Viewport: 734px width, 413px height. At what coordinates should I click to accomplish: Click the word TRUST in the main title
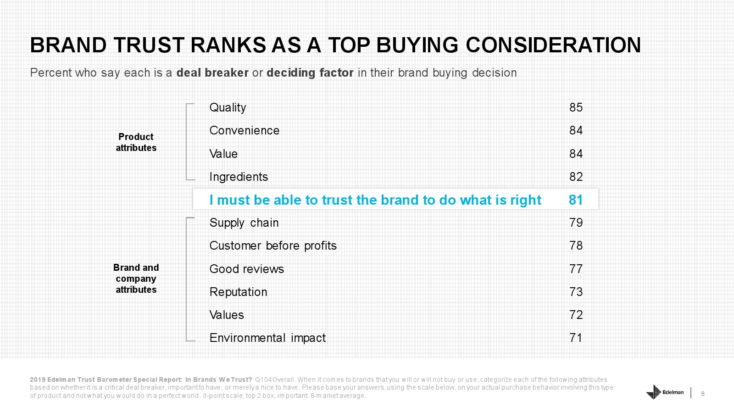point(149,45)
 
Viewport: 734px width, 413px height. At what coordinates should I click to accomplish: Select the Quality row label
point(228,108)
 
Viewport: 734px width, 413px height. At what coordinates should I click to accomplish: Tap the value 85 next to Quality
point(576,107)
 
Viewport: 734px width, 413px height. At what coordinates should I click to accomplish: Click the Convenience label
point(245,130)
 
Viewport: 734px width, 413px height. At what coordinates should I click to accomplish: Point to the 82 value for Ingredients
point(576,177)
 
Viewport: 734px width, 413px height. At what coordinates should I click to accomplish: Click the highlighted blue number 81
point(576,200)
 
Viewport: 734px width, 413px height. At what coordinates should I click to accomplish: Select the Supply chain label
point(244,223)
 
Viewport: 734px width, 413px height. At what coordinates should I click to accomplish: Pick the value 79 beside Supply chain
point(576,223)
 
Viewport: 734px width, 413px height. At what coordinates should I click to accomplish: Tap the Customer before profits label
point(273,246)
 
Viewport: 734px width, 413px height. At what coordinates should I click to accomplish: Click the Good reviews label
point(247,269)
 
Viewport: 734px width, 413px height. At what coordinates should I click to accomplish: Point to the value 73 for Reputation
point(576,292)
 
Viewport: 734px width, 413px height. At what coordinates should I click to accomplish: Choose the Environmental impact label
point(268,338)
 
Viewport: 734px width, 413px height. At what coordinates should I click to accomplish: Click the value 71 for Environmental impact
point(576,338)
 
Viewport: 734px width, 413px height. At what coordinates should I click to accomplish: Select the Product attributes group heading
point(136,142)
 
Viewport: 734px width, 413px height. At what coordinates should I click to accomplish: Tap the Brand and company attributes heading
point(136,279)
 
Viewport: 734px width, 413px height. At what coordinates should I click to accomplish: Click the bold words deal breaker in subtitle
point(212,73)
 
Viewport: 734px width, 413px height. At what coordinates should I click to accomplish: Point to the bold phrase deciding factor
point(310,73)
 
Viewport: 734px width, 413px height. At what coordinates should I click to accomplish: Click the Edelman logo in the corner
point(665,392)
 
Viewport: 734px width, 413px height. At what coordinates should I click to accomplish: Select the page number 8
point(702,394)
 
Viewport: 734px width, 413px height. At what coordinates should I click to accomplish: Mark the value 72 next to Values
point(576,315)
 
